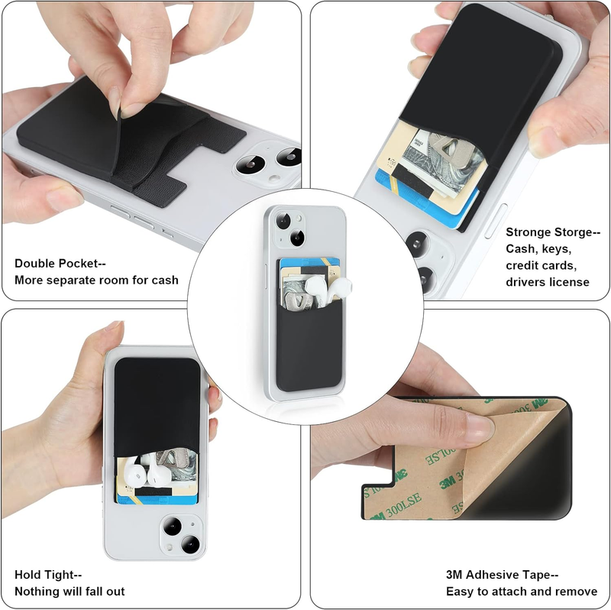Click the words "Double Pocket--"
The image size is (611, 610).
(60, 264)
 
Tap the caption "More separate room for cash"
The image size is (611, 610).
(96, 280)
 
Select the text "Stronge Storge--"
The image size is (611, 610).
(553, 232)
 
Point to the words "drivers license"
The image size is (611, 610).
(548, 281)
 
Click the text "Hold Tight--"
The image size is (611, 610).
(48, 575)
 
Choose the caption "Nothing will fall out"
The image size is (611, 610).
(70, 592)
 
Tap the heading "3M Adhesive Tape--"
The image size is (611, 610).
(503, 575)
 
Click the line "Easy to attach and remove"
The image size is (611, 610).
(522, 592)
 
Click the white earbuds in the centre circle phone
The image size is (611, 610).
(328, 289)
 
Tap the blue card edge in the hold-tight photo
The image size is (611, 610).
(156, 499)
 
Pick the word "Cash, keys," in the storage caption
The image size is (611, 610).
(538, 249)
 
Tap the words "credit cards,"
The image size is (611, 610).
(541, 265)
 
